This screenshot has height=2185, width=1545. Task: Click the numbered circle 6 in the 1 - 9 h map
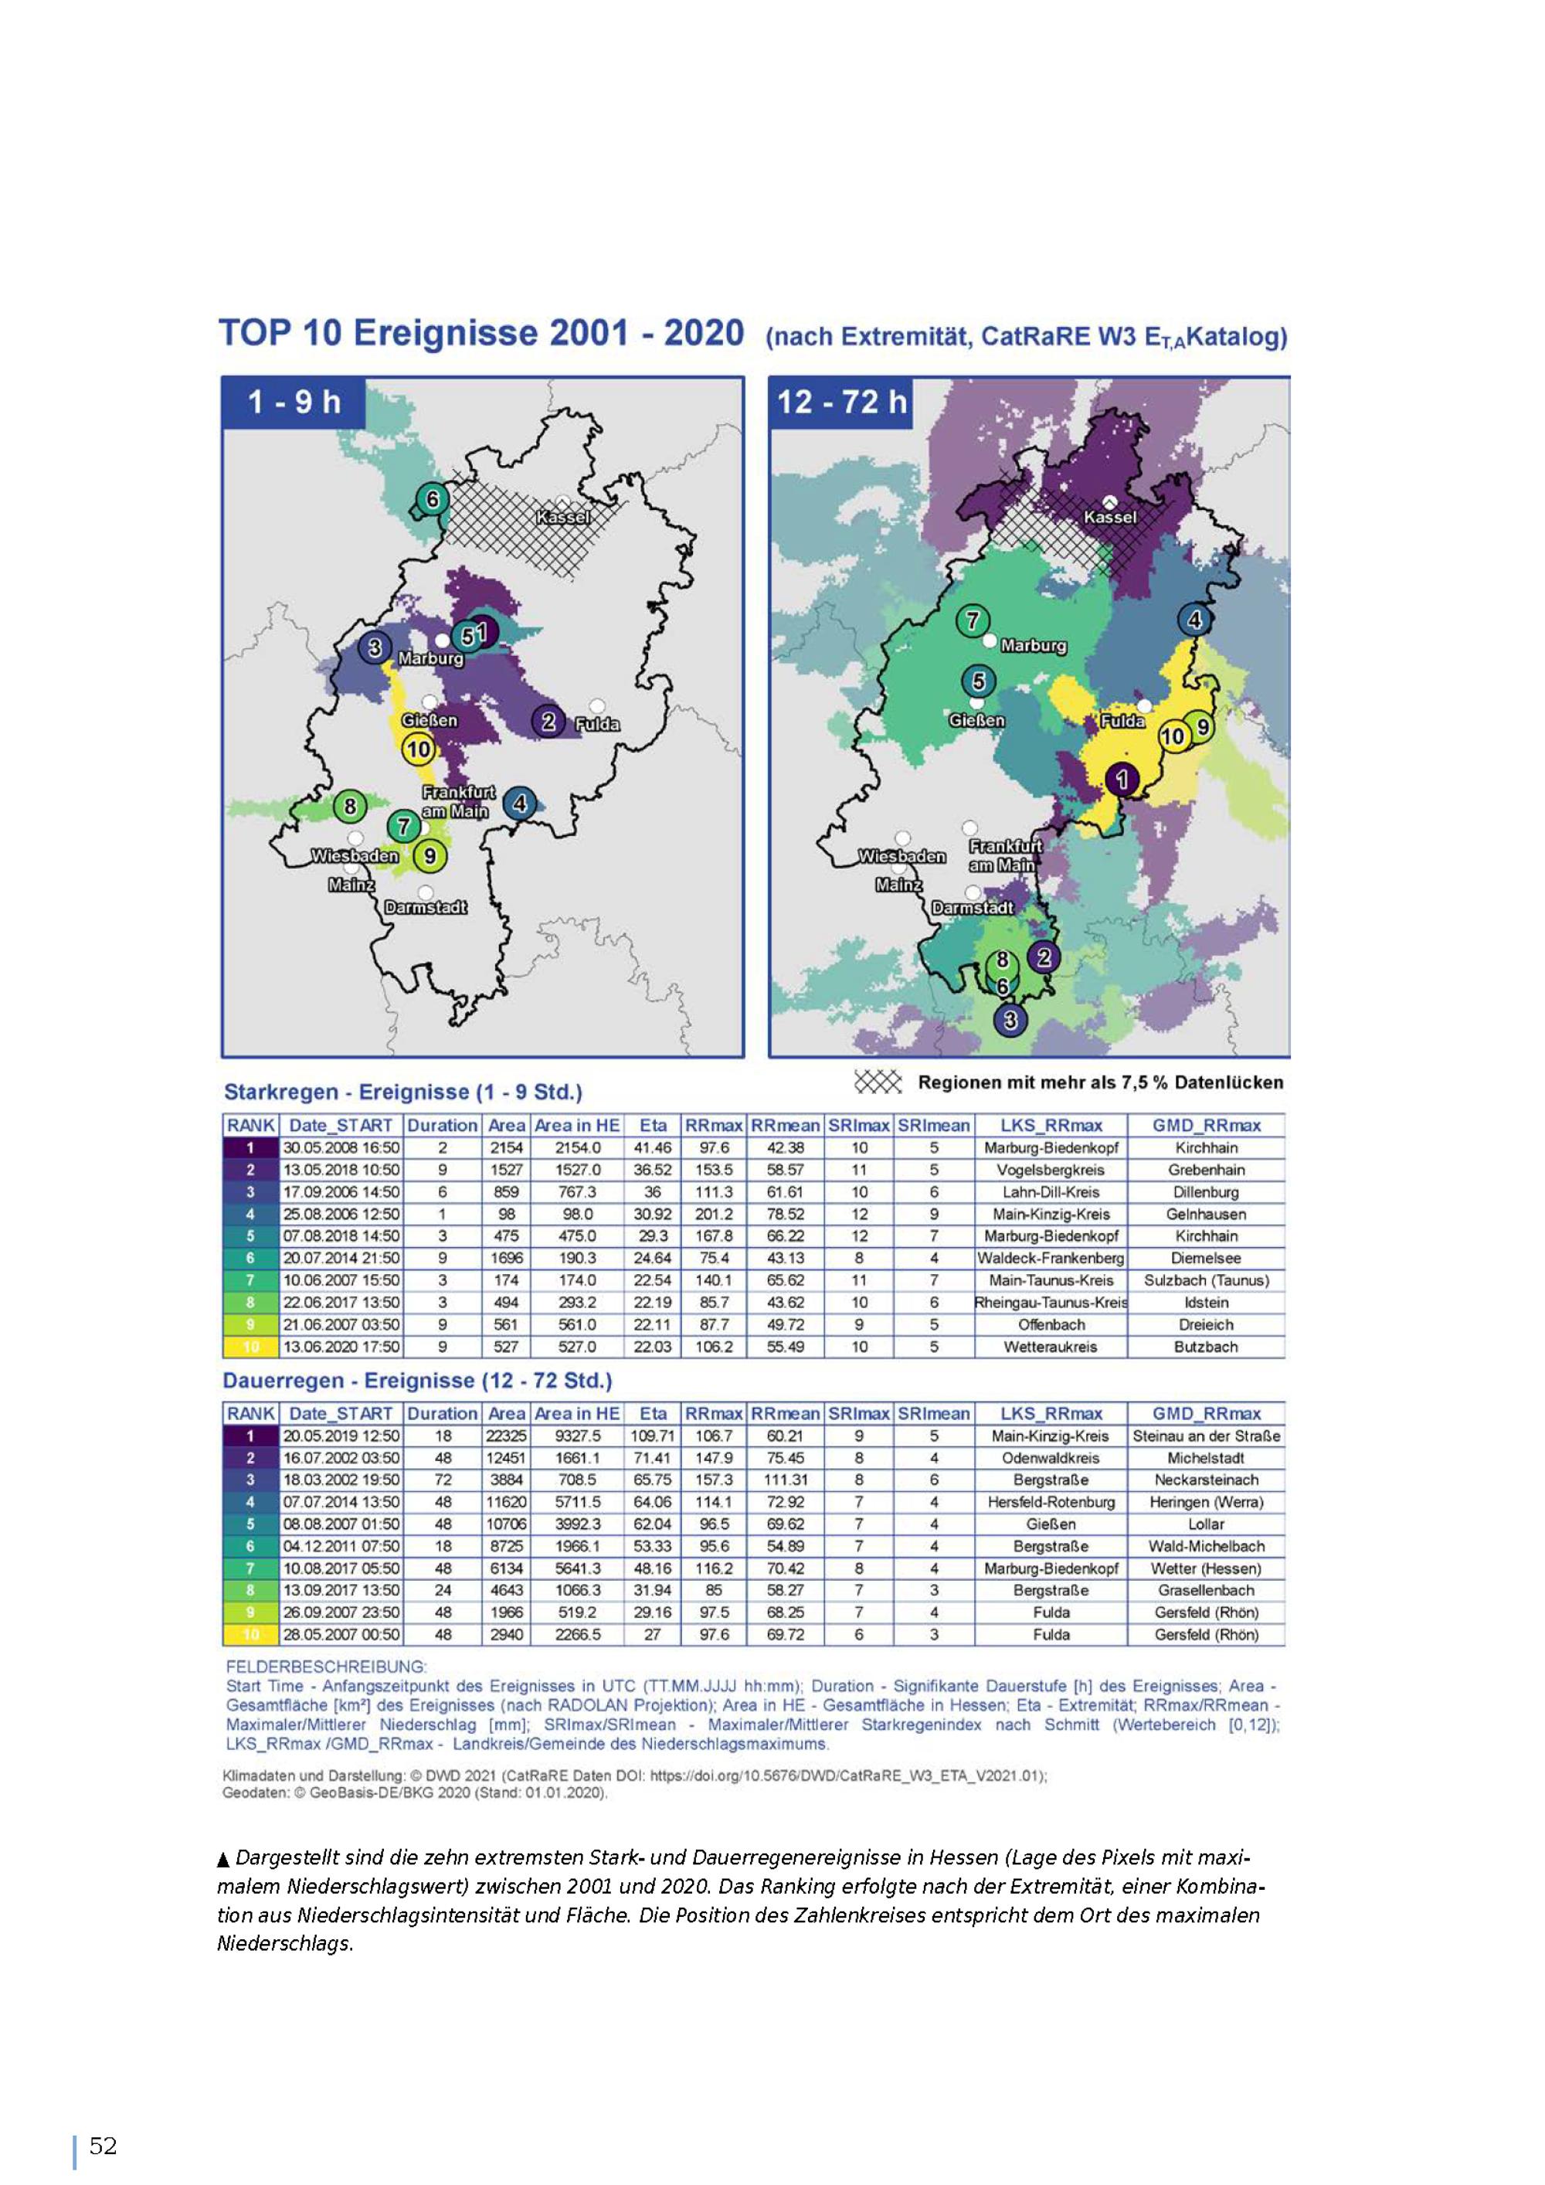[x=432, y=498]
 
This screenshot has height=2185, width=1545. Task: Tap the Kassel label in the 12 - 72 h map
[x=1109, y=517]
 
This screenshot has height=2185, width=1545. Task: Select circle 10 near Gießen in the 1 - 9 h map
[x=419, y=749]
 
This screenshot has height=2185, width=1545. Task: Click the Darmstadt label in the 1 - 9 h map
[x=425, y=907]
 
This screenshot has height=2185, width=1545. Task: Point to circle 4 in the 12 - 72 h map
[x=1195, y=620]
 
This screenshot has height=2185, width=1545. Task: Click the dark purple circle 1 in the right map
[x=1122, y=780]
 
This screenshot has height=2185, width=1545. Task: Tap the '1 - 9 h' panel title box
[x=294, y=403]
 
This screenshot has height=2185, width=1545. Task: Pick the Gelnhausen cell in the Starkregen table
[x=1205, y=1215]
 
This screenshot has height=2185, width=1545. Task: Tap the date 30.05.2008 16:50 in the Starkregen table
[x=341, y=1147]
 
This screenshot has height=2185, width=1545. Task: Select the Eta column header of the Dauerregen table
[x=654, y=1414]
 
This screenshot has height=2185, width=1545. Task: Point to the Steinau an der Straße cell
[x=1205, y=1436]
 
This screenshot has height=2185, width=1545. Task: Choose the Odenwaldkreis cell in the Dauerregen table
[x=1051, y=1458]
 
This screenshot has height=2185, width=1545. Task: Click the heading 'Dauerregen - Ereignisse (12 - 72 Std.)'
[x=418, y=1381]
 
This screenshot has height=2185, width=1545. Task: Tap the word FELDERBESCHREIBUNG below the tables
[x=326, y=1667]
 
